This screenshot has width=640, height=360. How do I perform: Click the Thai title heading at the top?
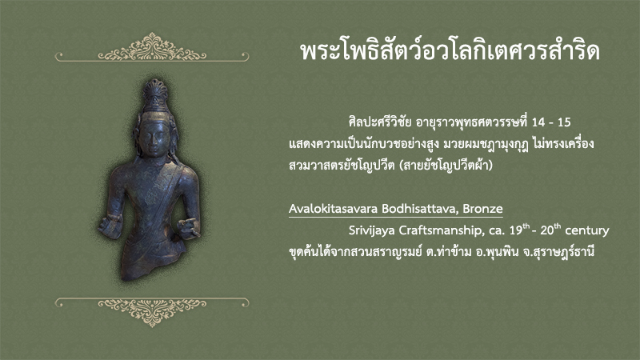pyautogui.click(x=450, y=51)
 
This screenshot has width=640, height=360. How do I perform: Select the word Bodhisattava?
pyautogui.click(x=420, y=209)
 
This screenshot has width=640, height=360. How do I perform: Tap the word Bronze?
pyautogui.click(x=483, y=209)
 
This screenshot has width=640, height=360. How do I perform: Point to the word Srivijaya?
pyautogui.click(x=371, y=230)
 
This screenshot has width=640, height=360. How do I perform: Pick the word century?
pyautogui.click(x=587, y=230)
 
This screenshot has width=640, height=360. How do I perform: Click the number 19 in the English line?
pyautogui.click(x=515, y=230)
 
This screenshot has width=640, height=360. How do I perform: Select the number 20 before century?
pyautogui.click(x=546, y=230)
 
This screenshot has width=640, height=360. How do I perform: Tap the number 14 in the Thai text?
pyautogui.click(x=538, y=122)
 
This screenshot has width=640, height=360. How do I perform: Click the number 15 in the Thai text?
pyautogui.click(x=564, y=122)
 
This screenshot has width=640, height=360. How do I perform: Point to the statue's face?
pyautogui.click(x=154, y=138)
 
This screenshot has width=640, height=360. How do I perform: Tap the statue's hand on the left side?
pyautogui.click(x=110, y=226)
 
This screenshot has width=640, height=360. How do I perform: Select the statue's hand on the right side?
pyautogui.click(x=189, y=227)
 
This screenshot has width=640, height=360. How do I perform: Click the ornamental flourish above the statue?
pyautogui.click(x=152, y=48)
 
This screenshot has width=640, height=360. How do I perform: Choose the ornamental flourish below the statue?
pyautogui.click(x=152, y=311)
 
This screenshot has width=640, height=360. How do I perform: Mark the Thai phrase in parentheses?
pyautogui.click(x=446, y=166)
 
